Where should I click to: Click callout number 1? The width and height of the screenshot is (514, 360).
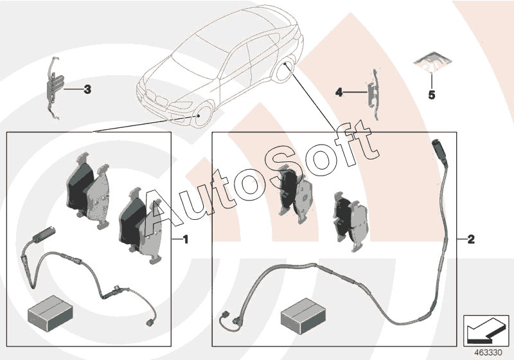[x=186, y=239]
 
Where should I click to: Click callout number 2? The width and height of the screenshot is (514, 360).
[x=471, y=239]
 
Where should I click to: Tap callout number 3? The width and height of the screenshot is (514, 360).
[x=87, y=89]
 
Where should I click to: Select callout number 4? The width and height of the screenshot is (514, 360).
[x=339, y=93]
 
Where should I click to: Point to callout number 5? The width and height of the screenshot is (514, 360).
[x=432, y=95]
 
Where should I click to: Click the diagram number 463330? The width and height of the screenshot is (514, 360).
[x=488, y=353]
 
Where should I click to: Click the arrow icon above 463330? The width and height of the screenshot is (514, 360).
[x=486, y=330]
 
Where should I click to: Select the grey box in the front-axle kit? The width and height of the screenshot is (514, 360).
[x=50, y=313]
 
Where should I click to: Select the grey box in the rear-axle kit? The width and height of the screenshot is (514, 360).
[x=303, y=316]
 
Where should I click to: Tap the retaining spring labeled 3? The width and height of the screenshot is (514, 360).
[x=54, y=88]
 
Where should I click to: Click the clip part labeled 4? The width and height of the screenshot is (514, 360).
[x=373, y=94]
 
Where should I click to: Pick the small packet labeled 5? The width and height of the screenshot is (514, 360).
[x=432, y=62]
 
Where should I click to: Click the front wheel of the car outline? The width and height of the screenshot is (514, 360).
[x=202, y=115]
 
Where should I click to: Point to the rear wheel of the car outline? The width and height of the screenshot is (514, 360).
[x=285, y=69]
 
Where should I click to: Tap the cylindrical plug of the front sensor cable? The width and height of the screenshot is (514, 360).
[x=44, y=235]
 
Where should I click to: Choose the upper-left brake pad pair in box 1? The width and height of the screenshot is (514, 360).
[x=88, y=191]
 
